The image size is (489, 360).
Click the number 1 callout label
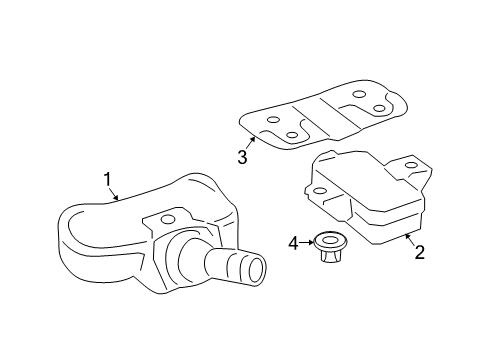pos(107,179)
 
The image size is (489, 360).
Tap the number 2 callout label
pos(419,252)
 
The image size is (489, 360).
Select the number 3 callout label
pos(242,157)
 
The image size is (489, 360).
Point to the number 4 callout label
pos(294,243)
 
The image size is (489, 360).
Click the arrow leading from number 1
pos(114,194)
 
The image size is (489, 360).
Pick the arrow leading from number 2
pos(410,239)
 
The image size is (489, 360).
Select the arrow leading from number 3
pos(251,143)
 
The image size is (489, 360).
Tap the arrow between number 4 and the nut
pos(307,243)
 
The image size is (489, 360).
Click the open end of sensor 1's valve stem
pos(257,268)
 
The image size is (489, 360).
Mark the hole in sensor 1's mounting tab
pos(168,219)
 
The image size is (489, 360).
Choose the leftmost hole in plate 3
pos(273,120)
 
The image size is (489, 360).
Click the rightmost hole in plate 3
pos(379,108)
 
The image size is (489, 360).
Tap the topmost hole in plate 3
pos(359,94)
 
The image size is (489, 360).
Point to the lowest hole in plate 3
pos(292,135)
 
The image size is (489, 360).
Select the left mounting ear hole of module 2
pos(320,191)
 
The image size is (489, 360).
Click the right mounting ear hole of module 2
pos(412,165)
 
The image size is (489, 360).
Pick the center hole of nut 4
pos(331,240)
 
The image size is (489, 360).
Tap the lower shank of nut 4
pos(329,256)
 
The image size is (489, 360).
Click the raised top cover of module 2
pos(368,187)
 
